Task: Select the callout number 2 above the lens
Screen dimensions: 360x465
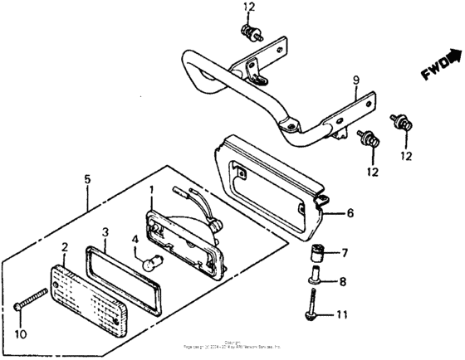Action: [64, 246]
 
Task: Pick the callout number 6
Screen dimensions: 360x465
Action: [349, 213]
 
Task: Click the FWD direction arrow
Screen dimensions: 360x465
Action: [438, 68]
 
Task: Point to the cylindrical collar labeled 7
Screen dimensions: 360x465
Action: [316, 252]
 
